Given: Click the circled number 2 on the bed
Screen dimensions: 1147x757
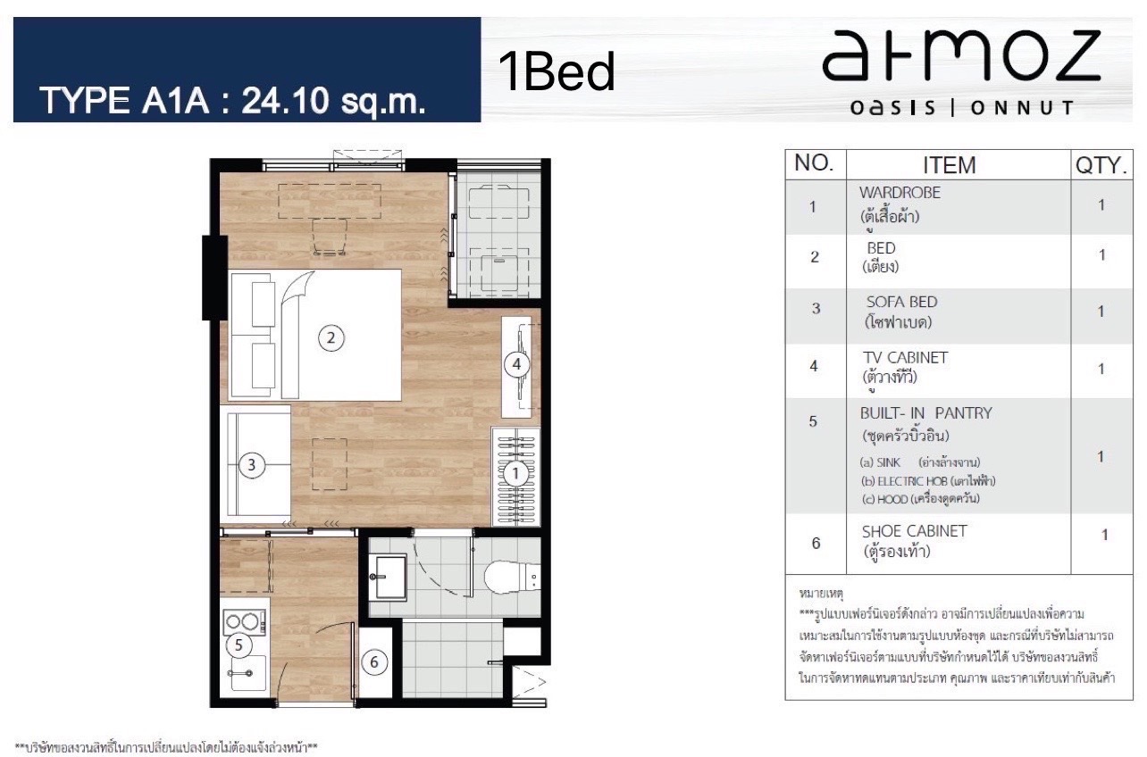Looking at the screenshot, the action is coord(331,337).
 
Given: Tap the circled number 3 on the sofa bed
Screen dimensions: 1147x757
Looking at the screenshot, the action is coord(251,465).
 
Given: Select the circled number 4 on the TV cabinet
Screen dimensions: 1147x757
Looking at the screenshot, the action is coord(516,364).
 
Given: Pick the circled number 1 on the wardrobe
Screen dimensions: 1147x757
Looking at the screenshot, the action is coord(515,473).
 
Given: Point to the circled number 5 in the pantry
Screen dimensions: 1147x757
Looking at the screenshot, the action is coord(239,645).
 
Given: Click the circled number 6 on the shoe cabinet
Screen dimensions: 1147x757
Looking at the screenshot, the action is coord(373,662).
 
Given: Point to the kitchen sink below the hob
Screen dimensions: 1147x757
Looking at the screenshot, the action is coord(247,672).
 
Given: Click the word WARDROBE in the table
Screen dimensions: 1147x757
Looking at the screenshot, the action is coord(900,193).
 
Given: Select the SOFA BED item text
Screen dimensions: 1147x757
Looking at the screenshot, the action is coord(901,302).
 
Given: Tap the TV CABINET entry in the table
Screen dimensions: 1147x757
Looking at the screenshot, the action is coord(905,357).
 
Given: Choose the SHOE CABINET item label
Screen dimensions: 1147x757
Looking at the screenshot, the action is coord(914,531).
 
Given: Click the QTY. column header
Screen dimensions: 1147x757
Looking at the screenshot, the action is coord(1101,165).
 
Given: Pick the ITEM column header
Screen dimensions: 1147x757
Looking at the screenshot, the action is coord(950,165).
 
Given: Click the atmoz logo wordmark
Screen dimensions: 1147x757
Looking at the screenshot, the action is coord(961,55).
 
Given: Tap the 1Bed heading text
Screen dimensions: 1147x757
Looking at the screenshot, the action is coord(557,71).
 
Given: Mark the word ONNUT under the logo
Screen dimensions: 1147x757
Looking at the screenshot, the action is coord(1022,108).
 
